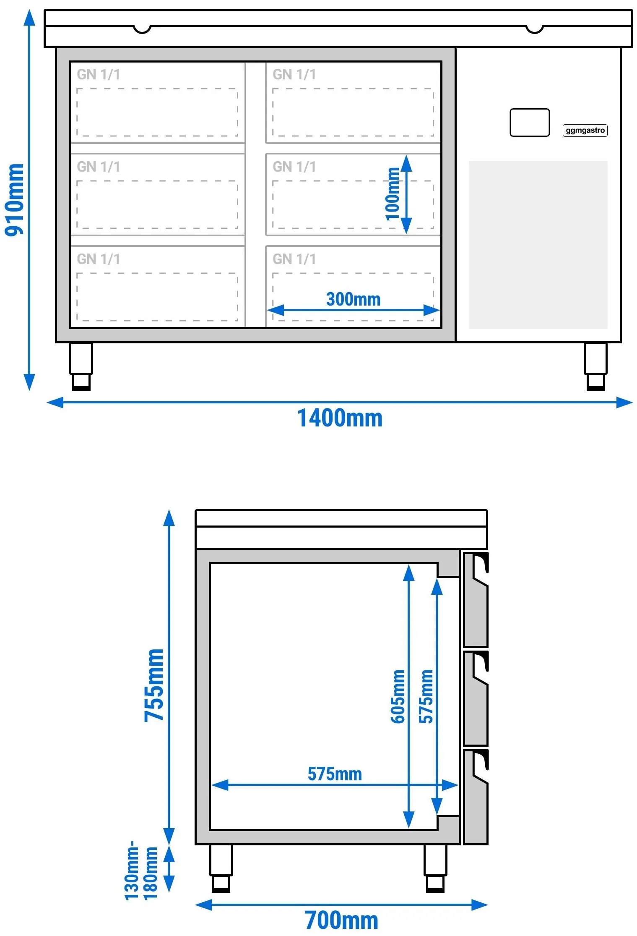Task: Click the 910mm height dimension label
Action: (x=14, y=200)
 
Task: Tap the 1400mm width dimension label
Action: (x=340, y=418)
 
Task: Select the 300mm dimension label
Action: (x=353, y=299)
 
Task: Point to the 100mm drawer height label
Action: (x=393, y=193)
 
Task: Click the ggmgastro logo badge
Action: (x=585, y=130)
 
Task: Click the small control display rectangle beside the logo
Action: (x=530, y=123)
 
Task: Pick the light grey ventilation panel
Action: (x=538, y=245)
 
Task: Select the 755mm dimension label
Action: (x=154, y=685)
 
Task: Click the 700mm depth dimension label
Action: (x=341, y=920)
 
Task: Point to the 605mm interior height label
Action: (x=398, y=696)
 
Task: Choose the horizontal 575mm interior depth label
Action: (x=335, y=774)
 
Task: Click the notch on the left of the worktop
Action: (x=142, y=29)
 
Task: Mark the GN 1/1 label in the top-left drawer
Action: (x=99, y=74)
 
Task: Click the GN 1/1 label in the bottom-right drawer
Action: (x=294, y=259)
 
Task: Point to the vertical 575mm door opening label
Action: (x=426, y=696)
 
